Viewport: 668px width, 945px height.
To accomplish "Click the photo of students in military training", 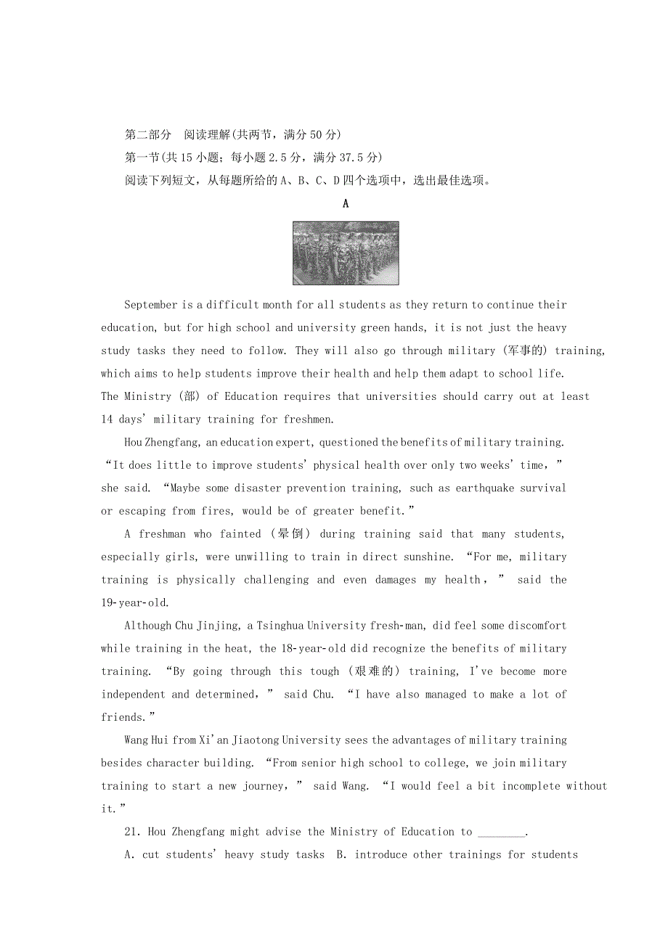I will pyautogui.click(x=345, y=253).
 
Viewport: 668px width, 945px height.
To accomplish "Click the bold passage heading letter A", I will pyautogui.click(x=346, y=204).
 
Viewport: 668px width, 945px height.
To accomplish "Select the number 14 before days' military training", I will pyautogui.click(x=107, y=420).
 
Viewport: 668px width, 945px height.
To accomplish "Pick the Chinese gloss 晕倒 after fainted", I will pyautogui.click(x=290, y=534).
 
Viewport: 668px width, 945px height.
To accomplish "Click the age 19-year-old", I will pyautogui.click(x=134, y=603).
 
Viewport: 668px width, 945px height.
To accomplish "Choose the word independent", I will pyautogui.click(x=134, y=695).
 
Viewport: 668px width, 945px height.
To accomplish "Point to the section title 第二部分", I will pyautogui.click(x=148, y=135).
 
